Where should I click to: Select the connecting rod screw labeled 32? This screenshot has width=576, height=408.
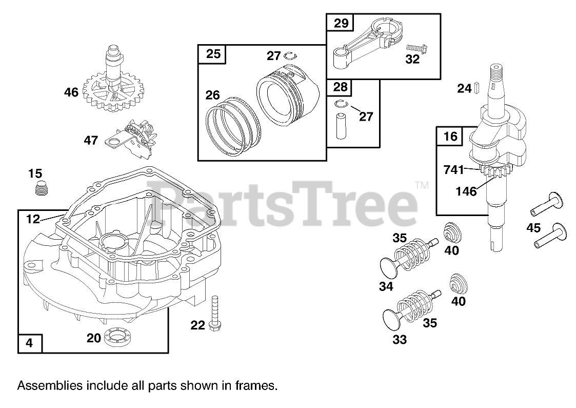point(416,48)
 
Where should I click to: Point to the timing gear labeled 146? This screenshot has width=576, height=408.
point(493,172)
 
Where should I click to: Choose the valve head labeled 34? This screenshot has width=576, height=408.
point(388,267)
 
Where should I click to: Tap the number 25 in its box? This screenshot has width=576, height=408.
point(213,54)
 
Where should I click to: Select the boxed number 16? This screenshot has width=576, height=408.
point(450,136)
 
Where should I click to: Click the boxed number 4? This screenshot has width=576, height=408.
point(29,343)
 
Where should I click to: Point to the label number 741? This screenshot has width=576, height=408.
point(454,170)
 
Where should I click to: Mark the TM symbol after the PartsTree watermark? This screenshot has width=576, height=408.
point(422,184)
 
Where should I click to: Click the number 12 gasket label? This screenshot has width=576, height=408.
point(33,219)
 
